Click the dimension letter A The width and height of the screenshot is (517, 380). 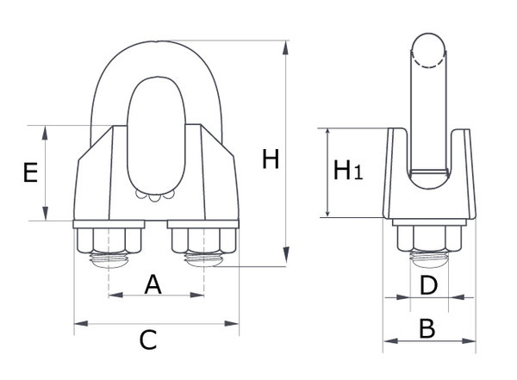point(153,283)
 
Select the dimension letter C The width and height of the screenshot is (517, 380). point(148,340)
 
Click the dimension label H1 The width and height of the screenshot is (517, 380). point(347,171)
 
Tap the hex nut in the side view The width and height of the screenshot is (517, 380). point(428,239)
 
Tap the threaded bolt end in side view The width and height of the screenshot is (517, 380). point(428,257)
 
